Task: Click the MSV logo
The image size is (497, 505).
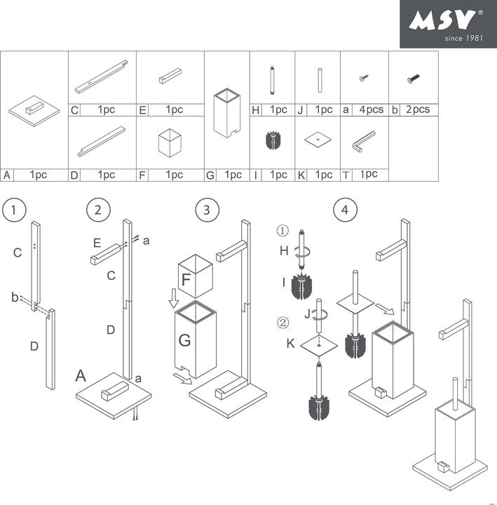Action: [448, 24]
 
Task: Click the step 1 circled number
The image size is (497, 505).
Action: [14, 210]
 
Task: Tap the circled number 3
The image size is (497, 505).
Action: [206, 210]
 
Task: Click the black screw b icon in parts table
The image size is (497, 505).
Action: [412, 80]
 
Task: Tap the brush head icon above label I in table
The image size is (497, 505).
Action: [273, 139]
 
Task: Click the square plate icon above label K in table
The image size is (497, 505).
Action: [318, 140]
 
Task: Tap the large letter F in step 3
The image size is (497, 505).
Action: [186, 278]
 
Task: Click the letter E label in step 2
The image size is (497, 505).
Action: [98, 243]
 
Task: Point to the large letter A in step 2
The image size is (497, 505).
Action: [82, 376]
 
